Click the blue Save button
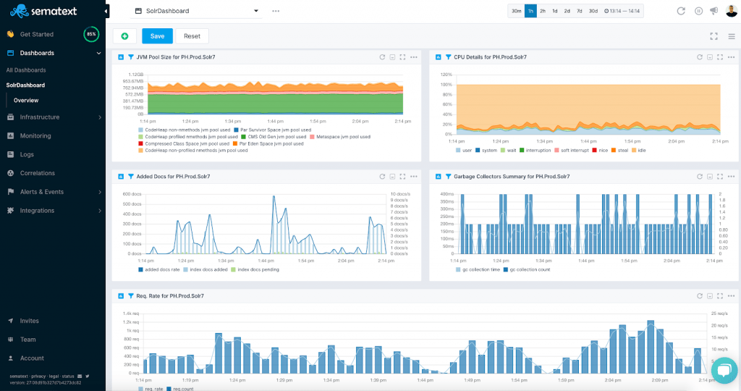[x=157, y=36]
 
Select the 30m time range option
[x=516, y=11]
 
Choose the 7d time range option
[x=580, y=11]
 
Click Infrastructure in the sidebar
[x=40, y=117]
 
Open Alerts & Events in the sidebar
[x=41, y=192]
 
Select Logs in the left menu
[x=27, y=154]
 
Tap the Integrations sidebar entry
[x=37, y=211]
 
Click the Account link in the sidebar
[x=32, y=358]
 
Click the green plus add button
[x=124, y=36]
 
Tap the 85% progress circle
[x=91, y=34]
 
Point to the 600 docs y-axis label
[x=131, y=194]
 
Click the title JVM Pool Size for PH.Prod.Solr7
[x=176, y=56]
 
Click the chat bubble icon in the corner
[x=723, y=370]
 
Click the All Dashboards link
[x=26, y=70]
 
